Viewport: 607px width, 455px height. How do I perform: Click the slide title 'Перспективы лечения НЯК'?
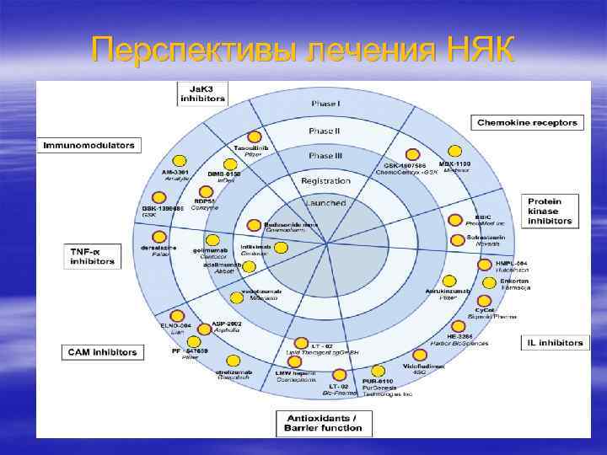tap(303, 50)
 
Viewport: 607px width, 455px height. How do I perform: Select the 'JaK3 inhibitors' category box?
tap(202, 93)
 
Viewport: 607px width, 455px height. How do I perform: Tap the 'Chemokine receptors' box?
tap(528, 123)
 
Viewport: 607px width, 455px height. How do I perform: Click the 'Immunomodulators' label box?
tap(89, 145)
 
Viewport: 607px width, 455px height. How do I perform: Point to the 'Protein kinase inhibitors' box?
tap(551, 210)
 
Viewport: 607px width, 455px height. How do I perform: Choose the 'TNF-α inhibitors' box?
tap(92, 255)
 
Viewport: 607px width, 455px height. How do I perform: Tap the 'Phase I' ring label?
tap(325, 104)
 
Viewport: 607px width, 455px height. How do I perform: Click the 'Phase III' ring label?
tap(325, 156)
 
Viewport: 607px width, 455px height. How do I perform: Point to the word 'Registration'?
tap(325, 180)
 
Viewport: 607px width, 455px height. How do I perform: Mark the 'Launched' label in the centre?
tap(325, 202)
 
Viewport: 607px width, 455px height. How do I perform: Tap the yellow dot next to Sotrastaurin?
tap(458, 239)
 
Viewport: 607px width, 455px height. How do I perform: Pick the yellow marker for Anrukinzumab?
tap(449, 281)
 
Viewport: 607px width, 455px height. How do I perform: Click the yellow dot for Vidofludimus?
tap(420, 355)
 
